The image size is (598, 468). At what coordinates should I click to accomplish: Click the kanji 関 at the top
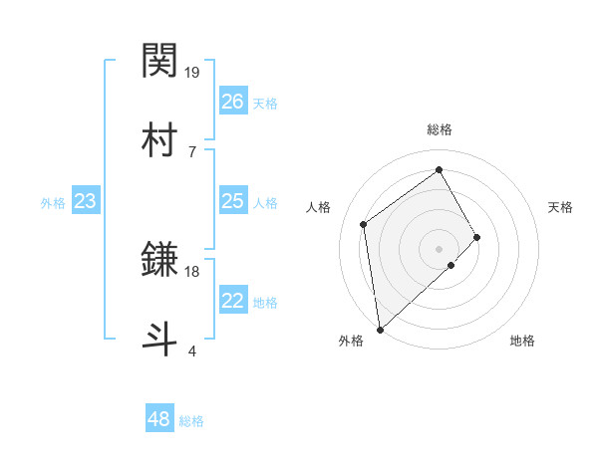coord(160,62)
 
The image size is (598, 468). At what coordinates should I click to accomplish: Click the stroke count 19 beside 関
coord(193,73)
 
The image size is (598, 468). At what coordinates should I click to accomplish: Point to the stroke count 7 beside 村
coord(191,151)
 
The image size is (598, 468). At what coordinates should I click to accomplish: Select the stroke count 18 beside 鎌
coord(193,271)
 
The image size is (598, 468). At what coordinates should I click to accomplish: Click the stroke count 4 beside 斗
coord(191,351)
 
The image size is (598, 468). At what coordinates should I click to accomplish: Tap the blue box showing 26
coord(233,102)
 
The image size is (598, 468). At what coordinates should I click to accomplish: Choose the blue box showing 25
coord(233,202)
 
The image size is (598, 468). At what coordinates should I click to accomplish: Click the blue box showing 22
coord(233,301)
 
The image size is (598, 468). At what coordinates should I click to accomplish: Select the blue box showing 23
coord(86,202)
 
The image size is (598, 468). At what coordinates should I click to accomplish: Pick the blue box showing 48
coord(159,419)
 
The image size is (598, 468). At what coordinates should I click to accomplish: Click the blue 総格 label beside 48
coord(191,421)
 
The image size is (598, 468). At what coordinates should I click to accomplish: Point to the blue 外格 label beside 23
coord(53,203)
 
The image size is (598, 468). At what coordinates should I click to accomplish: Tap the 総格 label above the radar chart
coord(439,129)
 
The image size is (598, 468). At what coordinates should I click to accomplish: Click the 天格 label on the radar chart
coord(560,207)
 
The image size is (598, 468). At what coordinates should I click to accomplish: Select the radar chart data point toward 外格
coord(380,329)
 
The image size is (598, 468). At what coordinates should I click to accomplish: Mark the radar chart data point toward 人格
coord(364,224)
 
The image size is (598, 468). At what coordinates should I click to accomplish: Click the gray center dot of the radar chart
coord(439,248)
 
